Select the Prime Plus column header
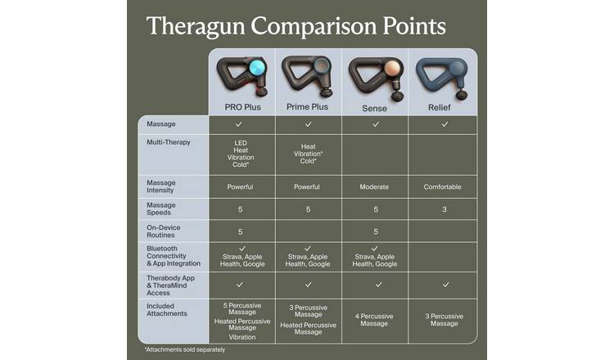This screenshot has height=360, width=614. (x=308, y=106)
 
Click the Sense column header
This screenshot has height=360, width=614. (x=374, y=107)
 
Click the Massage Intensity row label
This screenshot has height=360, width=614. (x=161, y=187)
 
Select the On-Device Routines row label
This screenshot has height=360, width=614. (x=163, y=232)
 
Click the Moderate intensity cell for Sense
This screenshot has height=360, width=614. (x=374, y=187)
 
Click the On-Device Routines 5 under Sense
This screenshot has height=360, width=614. (x=374, y=232)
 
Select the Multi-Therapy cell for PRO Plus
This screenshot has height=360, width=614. (x=241, y=154)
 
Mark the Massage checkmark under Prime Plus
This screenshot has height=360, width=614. (x=308, y=124)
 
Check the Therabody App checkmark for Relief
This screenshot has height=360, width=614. (x=445, y=285)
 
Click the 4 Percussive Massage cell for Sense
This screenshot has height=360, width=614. (x=374, y=319)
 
